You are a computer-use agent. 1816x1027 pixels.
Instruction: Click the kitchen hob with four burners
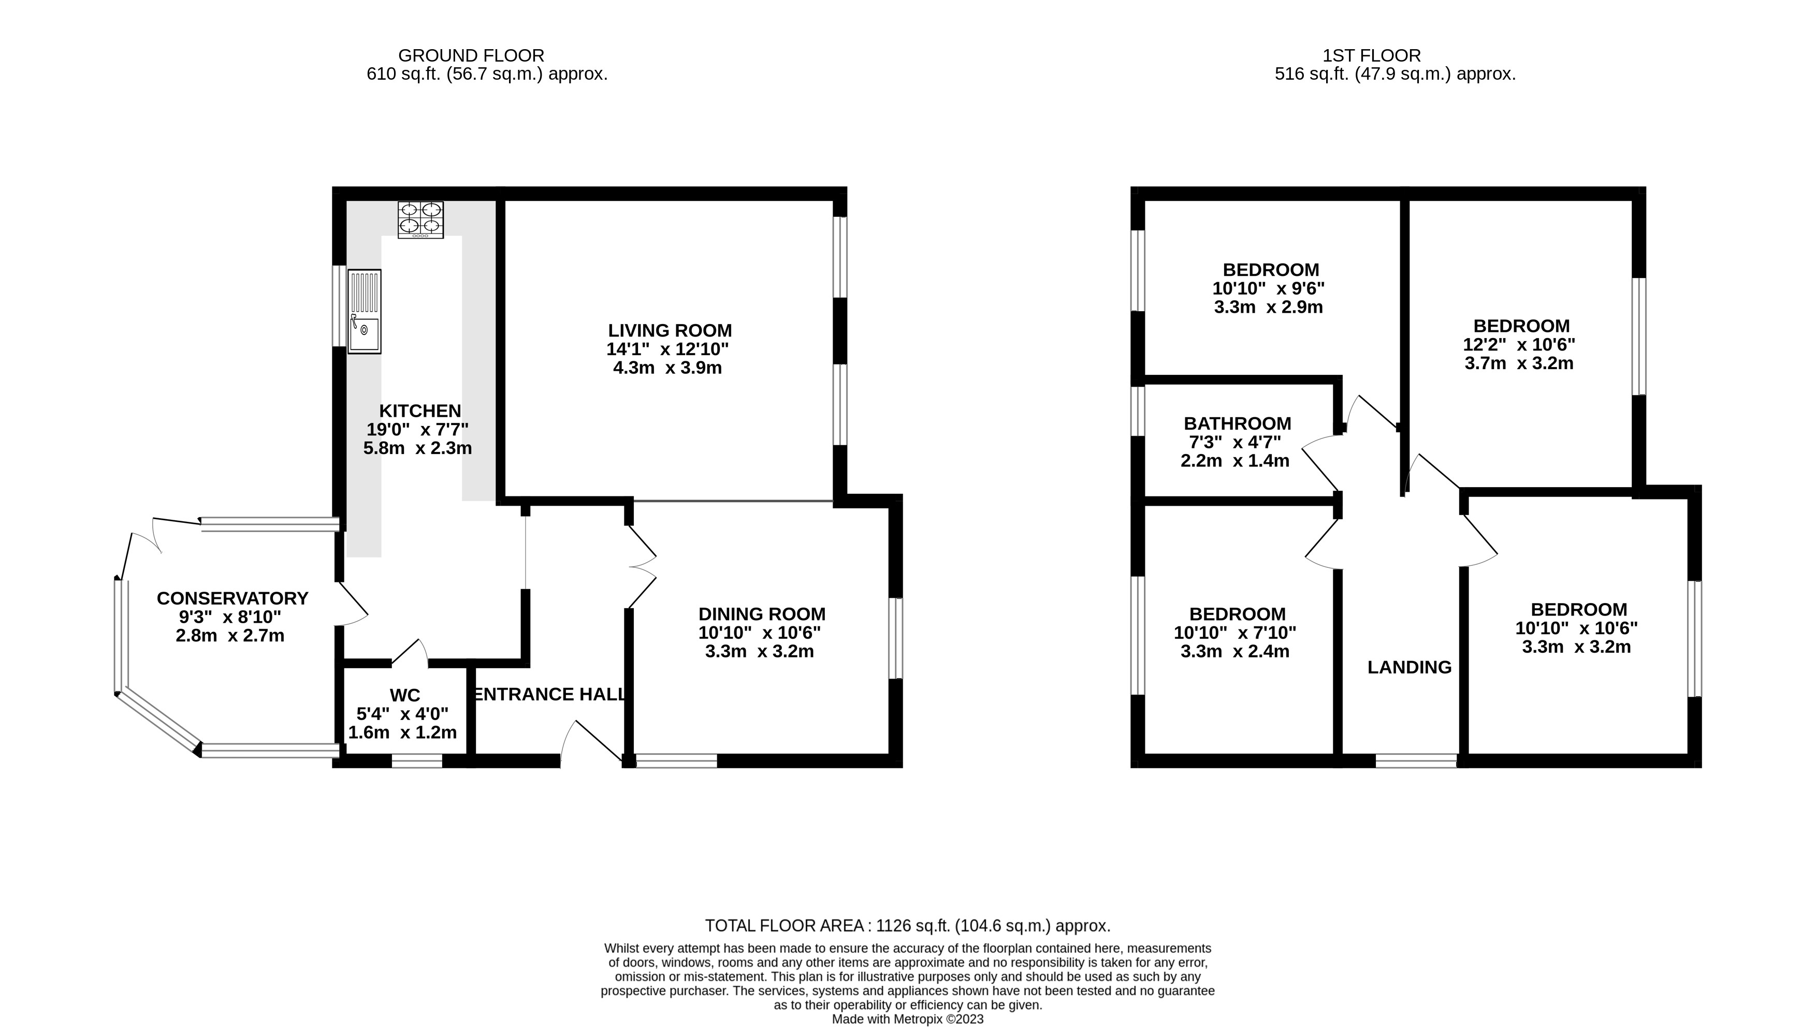point(420,219)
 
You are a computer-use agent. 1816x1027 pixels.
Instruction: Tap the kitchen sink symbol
point(365,311)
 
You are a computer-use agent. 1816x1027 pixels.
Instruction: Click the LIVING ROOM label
point(670,330)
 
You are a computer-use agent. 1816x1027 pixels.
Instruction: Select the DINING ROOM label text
point(762,613)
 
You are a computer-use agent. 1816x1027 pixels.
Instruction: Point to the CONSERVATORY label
point(232,598)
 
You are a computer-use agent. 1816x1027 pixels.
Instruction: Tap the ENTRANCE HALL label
point(549,694)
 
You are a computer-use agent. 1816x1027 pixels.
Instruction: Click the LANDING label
point(1409,667)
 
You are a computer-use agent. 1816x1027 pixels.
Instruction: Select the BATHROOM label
point(1237,423)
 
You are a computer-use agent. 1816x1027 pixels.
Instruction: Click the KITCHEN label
point(420,410)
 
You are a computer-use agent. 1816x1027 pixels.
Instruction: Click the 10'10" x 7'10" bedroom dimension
point(1234,633)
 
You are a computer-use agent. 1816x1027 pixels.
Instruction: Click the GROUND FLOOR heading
point(471,55)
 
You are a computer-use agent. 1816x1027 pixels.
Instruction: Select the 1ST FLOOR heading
point(1372,55)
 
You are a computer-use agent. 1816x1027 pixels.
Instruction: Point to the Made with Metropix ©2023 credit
point(907,1019)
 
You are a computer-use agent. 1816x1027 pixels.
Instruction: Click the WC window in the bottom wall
point(417,760)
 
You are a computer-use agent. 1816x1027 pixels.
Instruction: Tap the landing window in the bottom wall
point(1416,760)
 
